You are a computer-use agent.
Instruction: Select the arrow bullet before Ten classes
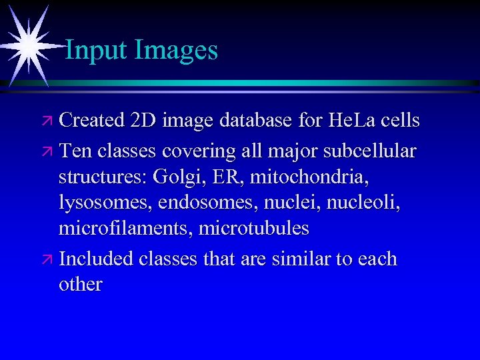tap(48, 152)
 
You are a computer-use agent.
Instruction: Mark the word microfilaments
tap(124, 228)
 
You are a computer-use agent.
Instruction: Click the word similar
tap(301, 258)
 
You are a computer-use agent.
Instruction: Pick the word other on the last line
tap(80, 284)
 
